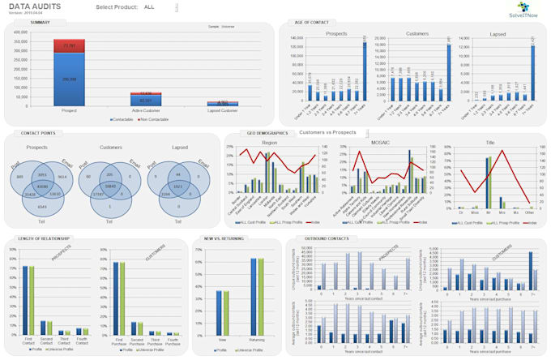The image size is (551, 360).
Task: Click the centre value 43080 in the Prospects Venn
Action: pyautogui.click(x=41, y=187)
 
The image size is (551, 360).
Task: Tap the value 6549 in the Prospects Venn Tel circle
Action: pyautogui.click(x=41, y=208)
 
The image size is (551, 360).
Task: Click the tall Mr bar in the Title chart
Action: pyautogui.click(x=488, y=178)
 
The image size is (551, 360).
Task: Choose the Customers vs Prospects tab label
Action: pyautogui.click(x=328, y=131)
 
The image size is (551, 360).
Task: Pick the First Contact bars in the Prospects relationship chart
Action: pyautogui.click(x=28, y=300)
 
